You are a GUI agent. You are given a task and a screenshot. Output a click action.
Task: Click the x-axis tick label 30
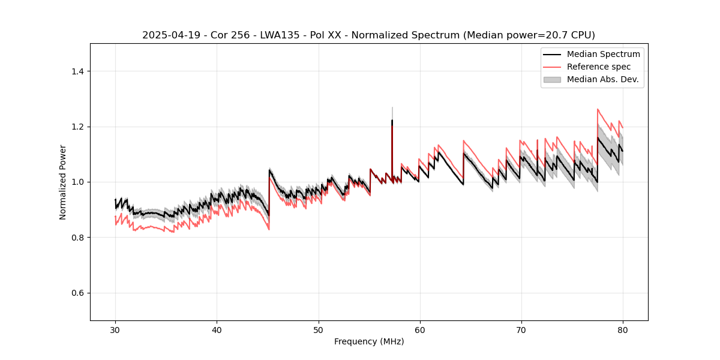point(115,329)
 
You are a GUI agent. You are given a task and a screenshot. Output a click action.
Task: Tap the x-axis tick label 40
point(217,329)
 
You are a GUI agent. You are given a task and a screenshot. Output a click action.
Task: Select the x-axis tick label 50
point(318,329)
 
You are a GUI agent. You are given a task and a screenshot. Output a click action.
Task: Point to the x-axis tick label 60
point(419,329)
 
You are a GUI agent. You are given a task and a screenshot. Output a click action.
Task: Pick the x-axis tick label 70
point(521,329)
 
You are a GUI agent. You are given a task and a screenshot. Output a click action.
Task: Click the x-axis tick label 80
point(622,329)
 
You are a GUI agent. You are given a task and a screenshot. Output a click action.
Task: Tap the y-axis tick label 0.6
point(77,293)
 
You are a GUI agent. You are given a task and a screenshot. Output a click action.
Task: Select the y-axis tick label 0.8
point(77,238)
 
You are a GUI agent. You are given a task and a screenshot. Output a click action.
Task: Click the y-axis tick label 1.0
point(77,182)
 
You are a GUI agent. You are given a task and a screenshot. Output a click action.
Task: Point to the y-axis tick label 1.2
point(77,127)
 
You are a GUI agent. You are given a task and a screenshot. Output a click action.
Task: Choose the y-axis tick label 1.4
point(77,71)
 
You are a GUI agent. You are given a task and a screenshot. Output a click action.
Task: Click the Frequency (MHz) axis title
point(369,341)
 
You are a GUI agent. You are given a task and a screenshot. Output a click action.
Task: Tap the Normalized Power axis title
point(63,182)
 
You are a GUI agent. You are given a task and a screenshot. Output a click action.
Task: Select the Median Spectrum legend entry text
point(603,54)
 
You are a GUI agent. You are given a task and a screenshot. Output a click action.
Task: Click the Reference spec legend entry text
point(599,67)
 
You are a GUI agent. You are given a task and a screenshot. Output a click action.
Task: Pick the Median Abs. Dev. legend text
point(602,79)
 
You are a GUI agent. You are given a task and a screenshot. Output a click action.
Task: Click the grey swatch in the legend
point(552,79)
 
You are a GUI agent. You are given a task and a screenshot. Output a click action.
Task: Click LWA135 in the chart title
point(261,35)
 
